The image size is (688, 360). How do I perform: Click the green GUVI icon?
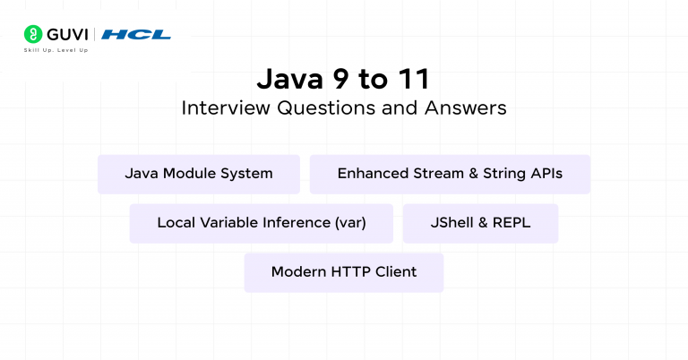click(31, 35)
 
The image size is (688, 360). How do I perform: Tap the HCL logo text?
click(136, 35)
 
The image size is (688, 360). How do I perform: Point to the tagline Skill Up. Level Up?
click(56, 50)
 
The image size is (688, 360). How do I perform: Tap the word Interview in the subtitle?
click(218, 108)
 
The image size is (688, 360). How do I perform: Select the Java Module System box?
click(199, 174)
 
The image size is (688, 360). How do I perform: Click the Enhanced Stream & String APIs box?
click(450, 174)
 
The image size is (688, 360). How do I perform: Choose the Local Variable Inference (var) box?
click(262, 223)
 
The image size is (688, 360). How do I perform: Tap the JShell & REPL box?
click(480, 223)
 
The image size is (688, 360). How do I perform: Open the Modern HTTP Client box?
click(344, 272)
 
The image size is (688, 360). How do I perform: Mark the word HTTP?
click(352, 272)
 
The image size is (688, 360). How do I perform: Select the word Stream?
click(431, 174)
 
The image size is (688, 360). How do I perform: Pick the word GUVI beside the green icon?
click(64, 35)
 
